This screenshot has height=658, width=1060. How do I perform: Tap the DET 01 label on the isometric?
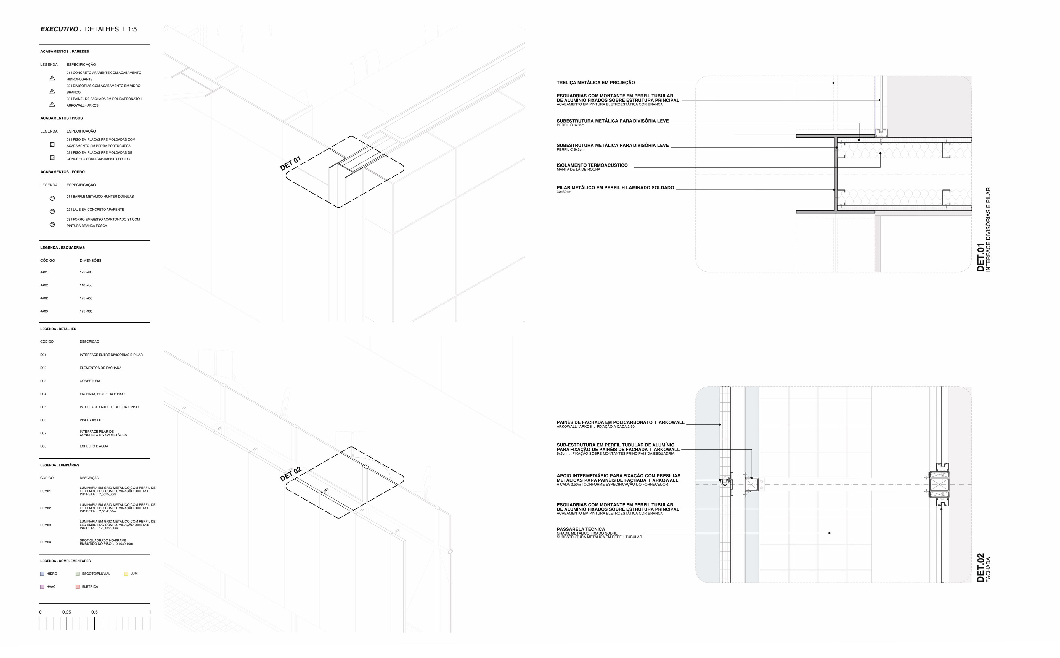coord(290,163)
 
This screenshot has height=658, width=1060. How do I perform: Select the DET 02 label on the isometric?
coord(290,474)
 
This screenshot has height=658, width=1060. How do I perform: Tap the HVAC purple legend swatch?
coord(42,587)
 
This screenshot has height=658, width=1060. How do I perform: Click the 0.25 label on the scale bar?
coord(67,612)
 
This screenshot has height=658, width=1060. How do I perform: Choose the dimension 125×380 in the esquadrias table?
coord(86,311)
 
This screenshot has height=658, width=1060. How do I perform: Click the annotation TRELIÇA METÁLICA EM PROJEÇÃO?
coord(595,83)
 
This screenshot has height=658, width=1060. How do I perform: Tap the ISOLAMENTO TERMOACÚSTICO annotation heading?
coord(592,165)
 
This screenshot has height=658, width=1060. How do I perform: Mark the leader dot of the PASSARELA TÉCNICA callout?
coord(830,533)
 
